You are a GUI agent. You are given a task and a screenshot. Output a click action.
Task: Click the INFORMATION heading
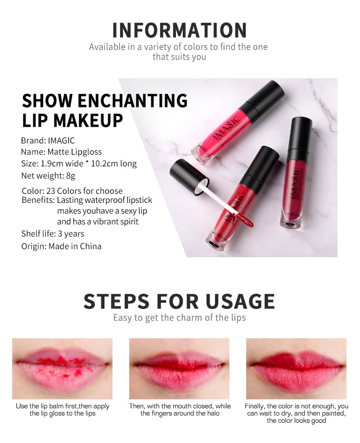click(x=180, y=30)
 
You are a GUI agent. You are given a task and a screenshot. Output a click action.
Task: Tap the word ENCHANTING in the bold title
click(x=133, y=101)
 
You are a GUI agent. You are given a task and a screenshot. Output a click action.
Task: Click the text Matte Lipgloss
click(x=74, y=152)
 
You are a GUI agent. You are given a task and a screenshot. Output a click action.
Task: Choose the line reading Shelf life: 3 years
click(x=53, y=234)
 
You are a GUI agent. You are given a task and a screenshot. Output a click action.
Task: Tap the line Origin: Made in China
click(x=61, y=246)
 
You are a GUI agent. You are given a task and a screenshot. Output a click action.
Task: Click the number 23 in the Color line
click(x=50, y=191)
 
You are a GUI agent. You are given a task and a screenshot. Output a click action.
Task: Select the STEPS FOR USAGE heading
click(x=179, y=301)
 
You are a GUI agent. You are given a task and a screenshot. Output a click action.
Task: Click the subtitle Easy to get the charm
click(x=179, y=318)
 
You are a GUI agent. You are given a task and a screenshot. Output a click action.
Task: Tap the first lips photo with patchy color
click(x=62, y=368)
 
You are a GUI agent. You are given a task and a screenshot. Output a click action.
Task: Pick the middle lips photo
click(x=179, y=368)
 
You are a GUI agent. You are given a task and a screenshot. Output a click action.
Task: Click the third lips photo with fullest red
click(x=296, y=368)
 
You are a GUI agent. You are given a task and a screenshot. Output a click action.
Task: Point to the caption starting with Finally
click(x=297, y=413)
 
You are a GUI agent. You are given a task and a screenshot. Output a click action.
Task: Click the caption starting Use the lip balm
click(x=63, y=410)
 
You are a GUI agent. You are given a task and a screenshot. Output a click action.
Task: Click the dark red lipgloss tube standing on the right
click(x=296, y=180)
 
